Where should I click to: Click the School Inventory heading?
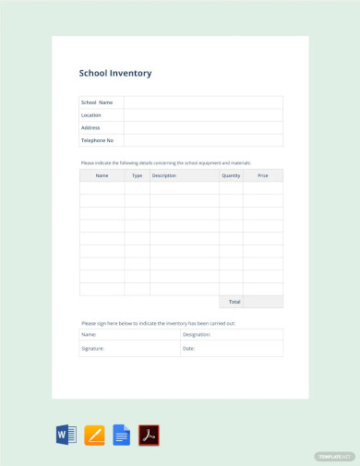115,73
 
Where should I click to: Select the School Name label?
97,102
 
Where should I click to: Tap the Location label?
91,115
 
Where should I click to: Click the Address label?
90,127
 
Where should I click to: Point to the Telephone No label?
97,140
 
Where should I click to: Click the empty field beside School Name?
203,102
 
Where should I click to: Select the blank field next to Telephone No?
203,140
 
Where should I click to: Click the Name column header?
102,175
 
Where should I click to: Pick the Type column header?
137,175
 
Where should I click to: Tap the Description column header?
164,175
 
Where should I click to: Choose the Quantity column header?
231,175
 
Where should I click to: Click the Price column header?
263,175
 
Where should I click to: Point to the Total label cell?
234,302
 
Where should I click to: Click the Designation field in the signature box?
198,335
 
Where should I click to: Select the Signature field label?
92,349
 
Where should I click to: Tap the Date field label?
188,349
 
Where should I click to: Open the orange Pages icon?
94,435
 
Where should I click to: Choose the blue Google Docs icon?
121,435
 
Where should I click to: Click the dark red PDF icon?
149,435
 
